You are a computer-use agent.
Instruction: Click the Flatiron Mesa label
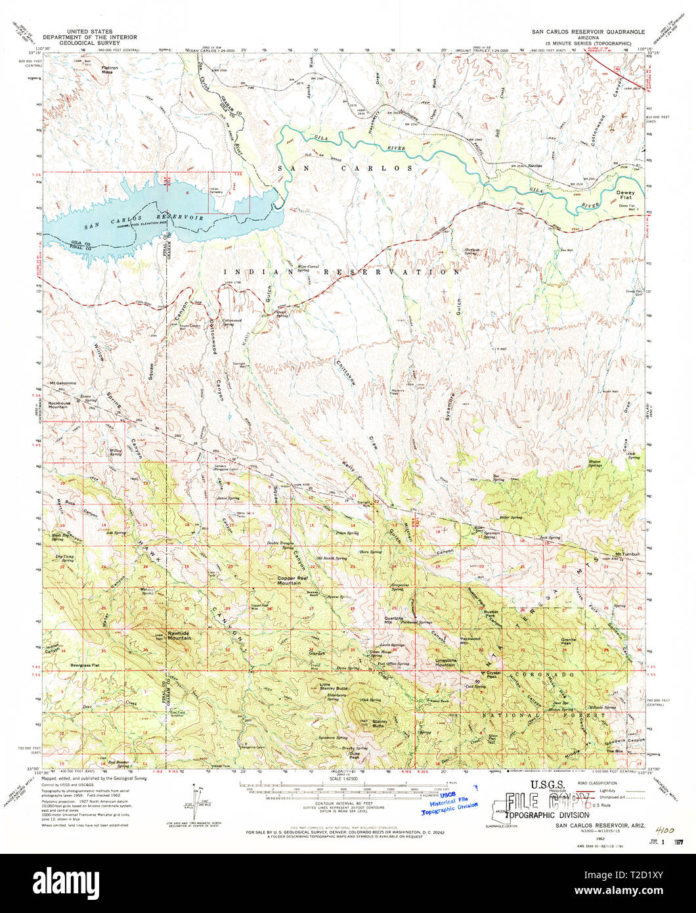(97, 68)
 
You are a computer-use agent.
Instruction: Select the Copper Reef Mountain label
(292, 580)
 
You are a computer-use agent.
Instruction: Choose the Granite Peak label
(569, 642)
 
